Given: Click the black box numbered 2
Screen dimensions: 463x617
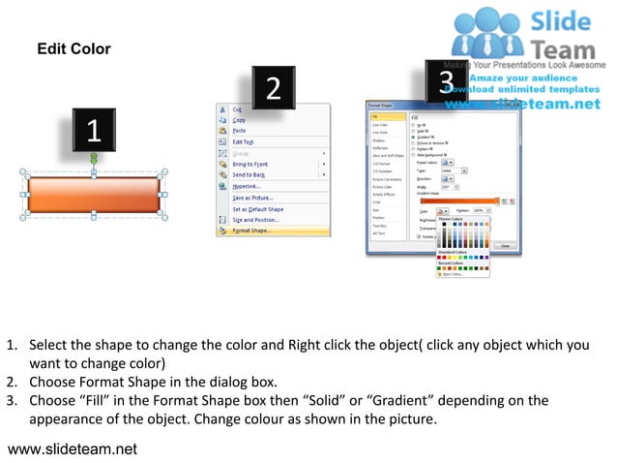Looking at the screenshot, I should [274, 89].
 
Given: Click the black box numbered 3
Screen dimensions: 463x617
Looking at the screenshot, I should [446, 79].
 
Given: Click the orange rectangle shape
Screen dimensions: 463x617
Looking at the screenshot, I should [94, 194].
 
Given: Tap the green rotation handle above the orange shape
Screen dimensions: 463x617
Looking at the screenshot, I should [94, 157].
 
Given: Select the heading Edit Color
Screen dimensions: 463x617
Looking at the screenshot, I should [73, 49].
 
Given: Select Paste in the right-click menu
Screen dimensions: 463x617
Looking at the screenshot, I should [239, 131].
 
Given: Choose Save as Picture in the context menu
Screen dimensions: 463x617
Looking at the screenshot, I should [252, 198].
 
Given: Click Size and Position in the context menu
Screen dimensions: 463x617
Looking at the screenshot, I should [256, 220].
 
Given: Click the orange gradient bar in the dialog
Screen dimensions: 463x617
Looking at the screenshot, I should [459, 201].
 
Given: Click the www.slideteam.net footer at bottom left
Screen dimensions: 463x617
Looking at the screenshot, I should [73, 448].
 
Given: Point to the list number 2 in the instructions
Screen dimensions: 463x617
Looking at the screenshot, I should [11, 382].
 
